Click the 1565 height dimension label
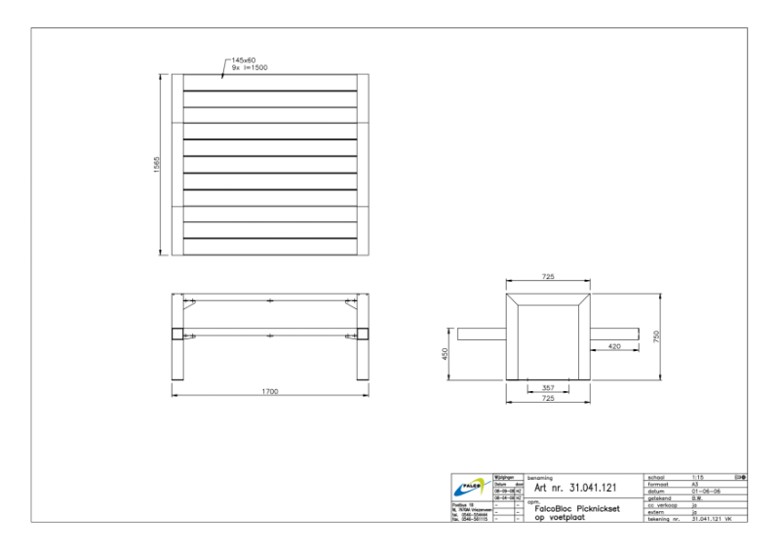(x=158, y=165)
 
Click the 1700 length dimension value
(x=270, y=391)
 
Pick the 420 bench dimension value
(x=614, y=346)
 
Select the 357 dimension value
(x=547, y=388)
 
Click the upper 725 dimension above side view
(x=547, y=278)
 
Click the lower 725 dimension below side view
(x=547, y=400)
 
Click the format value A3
(x=695, y=484)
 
